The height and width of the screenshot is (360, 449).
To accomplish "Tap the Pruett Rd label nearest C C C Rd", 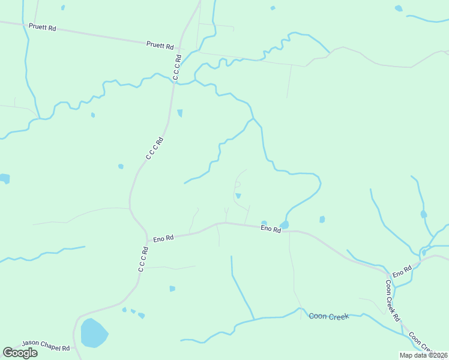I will click(160, 46).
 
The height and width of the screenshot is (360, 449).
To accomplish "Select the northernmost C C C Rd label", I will click(177, 67).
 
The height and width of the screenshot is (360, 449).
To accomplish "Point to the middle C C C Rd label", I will click(154, 148).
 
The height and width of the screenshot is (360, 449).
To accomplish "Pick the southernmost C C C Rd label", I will click(143, 259).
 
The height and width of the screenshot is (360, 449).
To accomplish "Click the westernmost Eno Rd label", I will click(163, 238).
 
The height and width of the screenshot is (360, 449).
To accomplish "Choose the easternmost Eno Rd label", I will click(402, 271).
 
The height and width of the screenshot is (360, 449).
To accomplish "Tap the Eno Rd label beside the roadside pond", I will click(270, 229).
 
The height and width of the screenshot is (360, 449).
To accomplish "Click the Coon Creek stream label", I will click(329, 316).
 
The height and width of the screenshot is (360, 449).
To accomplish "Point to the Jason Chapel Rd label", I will click(46, 346).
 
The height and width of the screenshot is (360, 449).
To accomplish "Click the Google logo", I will click(20, 353).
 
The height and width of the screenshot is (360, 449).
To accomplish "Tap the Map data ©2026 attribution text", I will click(423, 355).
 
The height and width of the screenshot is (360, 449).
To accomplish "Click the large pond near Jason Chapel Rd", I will click(94, 333).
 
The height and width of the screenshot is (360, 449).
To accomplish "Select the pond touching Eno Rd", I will click(284, 225).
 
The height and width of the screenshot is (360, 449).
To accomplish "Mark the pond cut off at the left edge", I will click(4, 178).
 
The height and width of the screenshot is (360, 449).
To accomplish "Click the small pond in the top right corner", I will click(399, 8).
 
